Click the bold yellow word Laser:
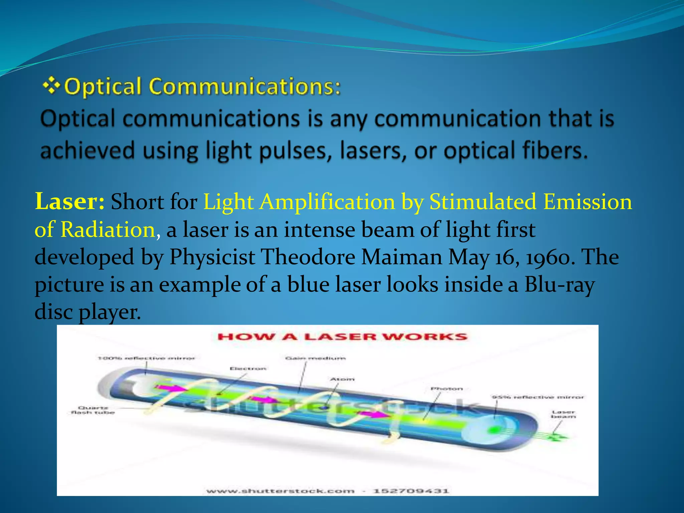70,202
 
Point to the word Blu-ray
559,285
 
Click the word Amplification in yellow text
327,202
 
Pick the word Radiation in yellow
108,230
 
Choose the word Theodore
308,257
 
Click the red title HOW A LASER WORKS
342,336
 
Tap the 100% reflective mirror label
146,358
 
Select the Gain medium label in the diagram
315,358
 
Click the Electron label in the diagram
248,368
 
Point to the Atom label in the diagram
342,379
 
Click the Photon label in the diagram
447,389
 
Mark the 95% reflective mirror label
538,397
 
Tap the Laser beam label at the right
563,414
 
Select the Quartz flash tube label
93,410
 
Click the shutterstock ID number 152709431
411,491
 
